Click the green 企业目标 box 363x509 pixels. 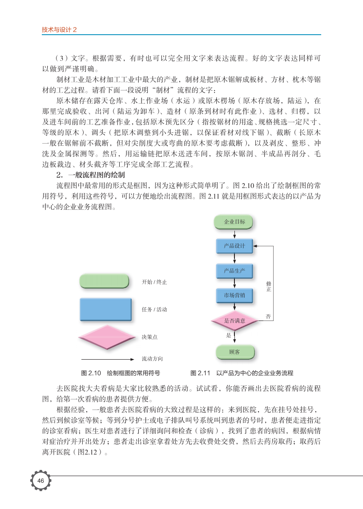point(234,222)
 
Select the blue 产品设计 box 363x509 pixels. point(234,246)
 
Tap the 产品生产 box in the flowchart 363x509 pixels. point(234,270)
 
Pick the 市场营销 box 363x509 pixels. point(234,295)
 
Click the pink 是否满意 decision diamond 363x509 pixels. point(234,321)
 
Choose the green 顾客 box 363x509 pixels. point(234,352)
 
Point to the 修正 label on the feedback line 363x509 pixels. point(269,286)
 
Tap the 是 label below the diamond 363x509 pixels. point(229,336)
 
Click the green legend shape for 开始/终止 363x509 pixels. point(104,281)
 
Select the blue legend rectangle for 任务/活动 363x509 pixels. point(106,309)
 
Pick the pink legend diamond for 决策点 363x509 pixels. point(105,337)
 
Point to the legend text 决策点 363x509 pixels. point(150,337)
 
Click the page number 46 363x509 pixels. point(40,481)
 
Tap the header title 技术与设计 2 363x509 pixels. point(59,30)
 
